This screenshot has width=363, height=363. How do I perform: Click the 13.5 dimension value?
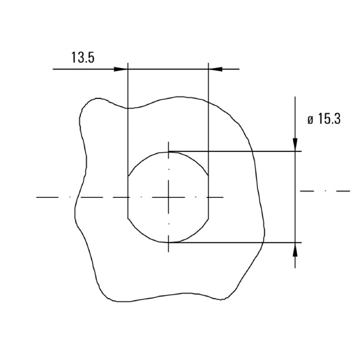coord(83,58)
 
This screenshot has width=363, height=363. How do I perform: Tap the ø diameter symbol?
coord(310,120)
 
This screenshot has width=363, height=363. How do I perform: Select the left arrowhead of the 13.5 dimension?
coord(121,69)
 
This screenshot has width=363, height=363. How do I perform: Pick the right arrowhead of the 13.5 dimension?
coord(215,69)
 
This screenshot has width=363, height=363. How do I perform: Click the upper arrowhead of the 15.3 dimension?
coord(295,144)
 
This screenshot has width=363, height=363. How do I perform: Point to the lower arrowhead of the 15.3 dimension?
coord(295,249)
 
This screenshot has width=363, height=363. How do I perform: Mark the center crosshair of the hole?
coord(169,197)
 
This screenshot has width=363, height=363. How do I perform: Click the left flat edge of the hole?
coord(128,197)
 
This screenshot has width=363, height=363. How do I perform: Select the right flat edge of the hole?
coord(208,197)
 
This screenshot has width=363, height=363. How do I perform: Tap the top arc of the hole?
coord(169,152)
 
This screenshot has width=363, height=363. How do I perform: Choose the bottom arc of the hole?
coord(169,242)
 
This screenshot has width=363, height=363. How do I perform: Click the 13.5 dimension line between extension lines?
coord(168,69)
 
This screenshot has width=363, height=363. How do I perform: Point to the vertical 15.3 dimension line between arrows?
coord(295,197)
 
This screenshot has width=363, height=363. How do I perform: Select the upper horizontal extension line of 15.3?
coord(236,151)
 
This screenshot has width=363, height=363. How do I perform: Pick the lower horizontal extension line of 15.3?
coord(236,243)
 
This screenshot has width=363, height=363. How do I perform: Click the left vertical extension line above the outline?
coord(128,86)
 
